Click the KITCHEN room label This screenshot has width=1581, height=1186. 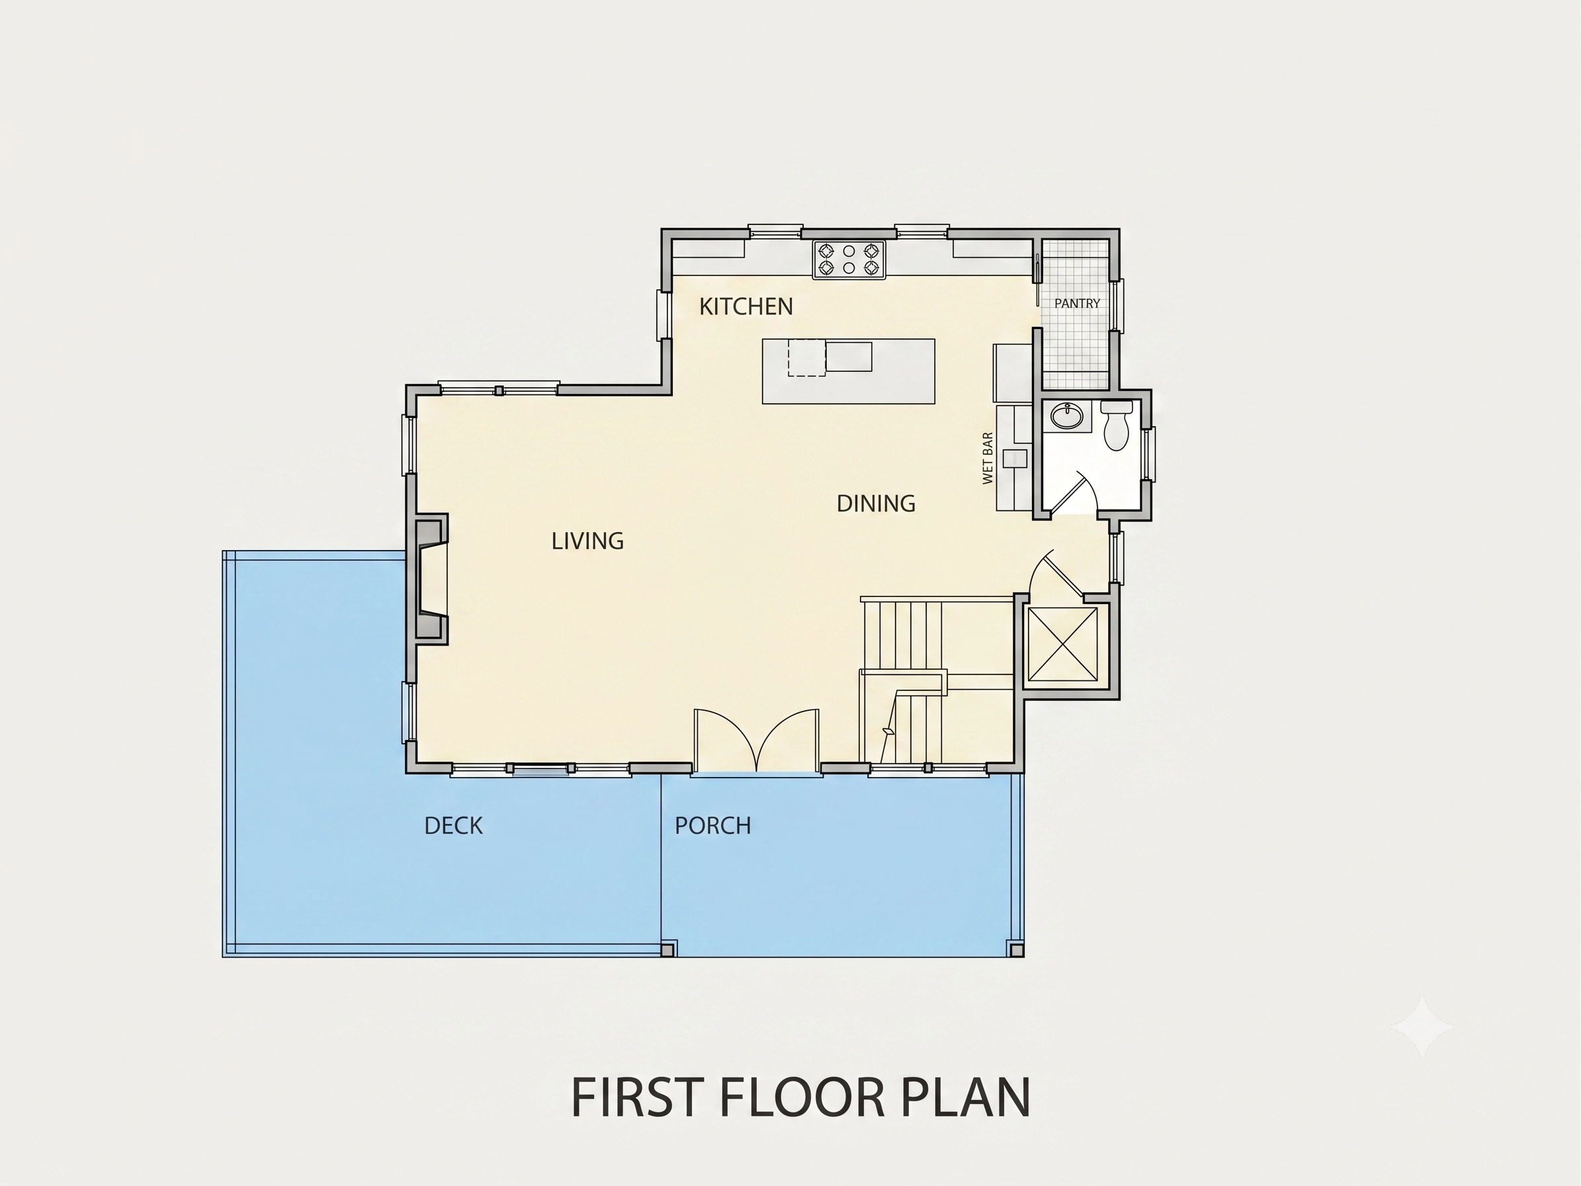pyautogui.click(x=746, y=306)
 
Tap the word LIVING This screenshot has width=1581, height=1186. pyautogui.click(x=587, y=541)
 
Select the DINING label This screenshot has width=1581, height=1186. pyautogui.click(x=876, y=504)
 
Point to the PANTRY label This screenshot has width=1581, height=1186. pyautogui.click(x=1077, y=304)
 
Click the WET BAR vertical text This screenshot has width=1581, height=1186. pyautogui.click(x=988, y=458)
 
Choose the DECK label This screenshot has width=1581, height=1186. pyautogui.click(x=453, y=827)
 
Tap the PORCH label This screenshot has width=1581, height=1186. pyautogui.click(x=712, y=827)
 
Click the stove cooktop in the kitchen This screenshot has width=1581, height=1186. pyautogui.click(x=849, y=259)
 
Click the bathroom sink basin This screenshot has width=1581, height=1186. pyautogui.click(x=1066, y=416)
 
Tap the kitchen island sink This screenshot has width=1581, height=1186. pyautogui.click(x=849, y=357)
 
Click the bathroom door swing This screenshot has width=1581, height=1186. pyautogui.click(x=1074, y=492)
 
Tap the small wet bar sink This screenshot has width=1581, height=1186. pyautogui.click(x=1014, y=458)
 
